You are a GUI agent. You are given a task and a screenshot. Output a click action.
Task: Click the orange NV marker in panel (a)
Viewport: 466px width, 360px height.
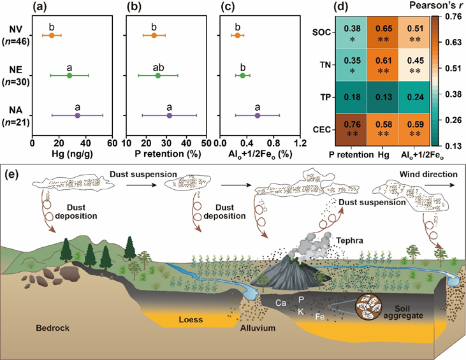pos(52,36)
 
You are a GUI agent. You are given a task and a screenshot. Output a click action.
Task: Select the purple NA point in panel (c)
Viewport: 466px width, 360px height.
pos(258,116)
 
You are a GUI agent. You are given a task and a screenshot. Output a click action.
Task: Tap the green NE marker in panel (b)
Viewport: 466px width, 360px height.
pos(158,76)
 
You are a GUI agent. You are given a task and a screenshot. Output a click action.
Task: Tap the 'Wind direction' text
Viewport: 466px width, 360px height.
pos(428,175)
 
